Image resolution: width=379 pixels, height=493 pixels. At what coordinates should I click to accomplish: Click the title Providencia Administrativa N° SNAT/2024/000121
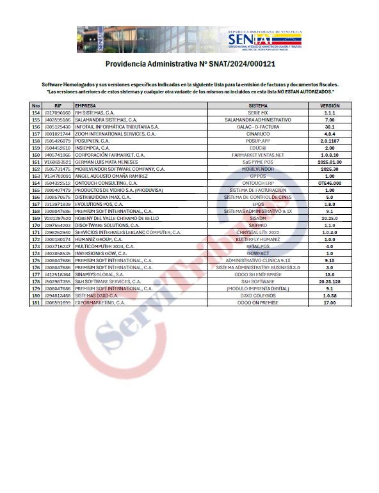coord(189,64)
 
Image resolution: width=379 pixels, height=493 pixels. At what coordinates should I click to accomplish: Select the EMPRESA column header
coord(86,106)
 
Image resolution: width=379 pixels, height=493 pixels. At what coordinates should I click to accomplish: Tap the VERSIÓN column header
coord(330,106)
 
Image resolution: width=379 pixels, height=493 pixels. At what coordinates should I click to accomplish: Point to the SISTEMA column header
coord(258,106)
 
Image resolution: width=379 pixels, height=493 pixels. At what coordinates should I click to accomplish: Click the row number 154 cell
coord(36,113)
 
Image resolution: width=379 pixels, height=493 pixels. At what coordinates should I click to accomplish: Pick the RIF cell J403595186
coord(58,120)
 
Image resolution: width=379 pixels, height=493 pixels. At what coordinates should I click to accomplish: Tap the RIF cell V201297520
coord(58,218)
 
